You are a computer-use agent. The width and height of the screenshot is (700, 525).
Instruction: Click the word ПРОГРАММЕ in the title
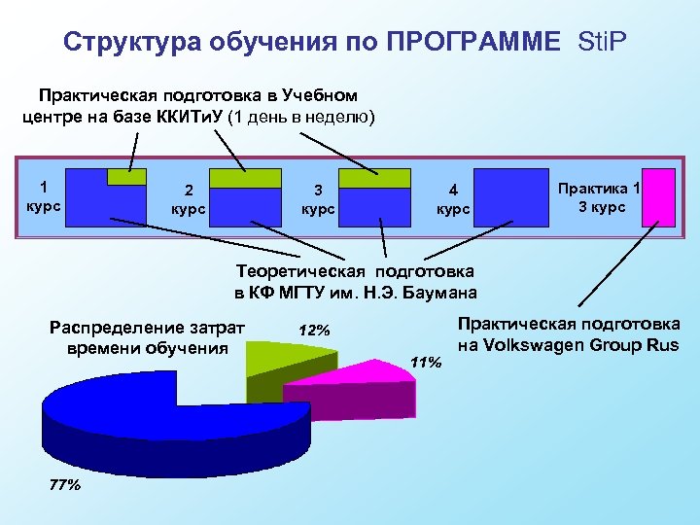(473, 42)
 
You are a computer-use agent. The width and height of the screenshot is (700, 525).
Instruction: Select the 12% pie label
(314, 331)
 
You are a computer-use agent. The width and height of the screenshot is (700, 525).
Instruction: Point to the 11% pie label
(426, 362)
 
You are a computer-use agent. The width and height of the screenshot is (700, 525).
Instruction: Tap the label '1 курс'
(45, 195)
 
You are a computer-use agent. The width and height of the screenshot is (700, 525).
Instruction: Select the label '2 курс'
(188, 200)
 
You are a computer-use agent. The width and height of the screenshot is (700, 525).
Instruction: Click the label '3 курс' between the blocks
(318, 200)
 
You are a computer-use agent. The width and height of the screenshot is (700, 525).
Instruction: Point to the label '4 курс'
(453, 200)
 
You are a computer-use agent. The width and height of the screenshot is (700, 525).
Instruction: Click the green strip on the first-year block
(125, 176)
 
